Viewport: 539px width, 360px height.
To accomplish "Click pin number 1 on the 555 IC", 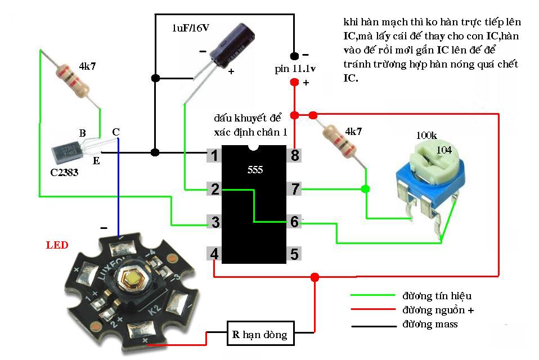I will pyautogui.click(x=214, y=155).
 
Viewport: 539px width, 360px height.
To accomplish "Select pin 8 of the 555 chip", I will pyautogui.click(x=294, y=155).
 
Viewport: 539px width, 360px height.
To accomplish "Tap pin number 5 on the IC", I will pyautogui.click(x=294, y=254).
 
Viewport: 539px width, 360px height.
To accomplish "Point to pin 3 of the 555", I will pyautogui.click(x=214, y=222).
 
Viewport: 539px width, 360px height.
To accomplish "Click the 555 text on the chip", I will pyautogui.click(x=255, y=170).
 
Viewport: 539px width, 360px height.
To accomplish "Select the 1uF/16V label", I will pyautogui.click(x=191, y=28).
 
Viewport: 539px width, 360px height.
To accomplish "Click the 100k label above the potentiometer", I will pyautogui.click(x=426, y=136).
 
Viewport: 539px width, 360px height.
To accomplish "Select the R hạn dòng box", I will pyautogui.click(x=259, y=335).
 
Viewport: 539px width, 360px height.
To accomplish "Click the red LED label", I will pyautogui.click(x=57, y=245).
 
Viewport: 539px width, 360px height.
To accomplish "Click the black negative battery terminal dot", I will pyautogui.click(x=294, y=56).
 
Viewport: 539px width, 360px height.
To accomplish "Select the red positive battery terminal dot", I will pyautogui.click(x=294, y=83).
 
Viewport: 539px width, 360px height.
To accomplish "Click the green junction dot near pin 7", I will pyautogui.click(x=366, y=189).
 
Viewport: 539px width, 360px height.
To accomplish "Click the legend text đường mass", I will pyautogui.click(x=430, y=324).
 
